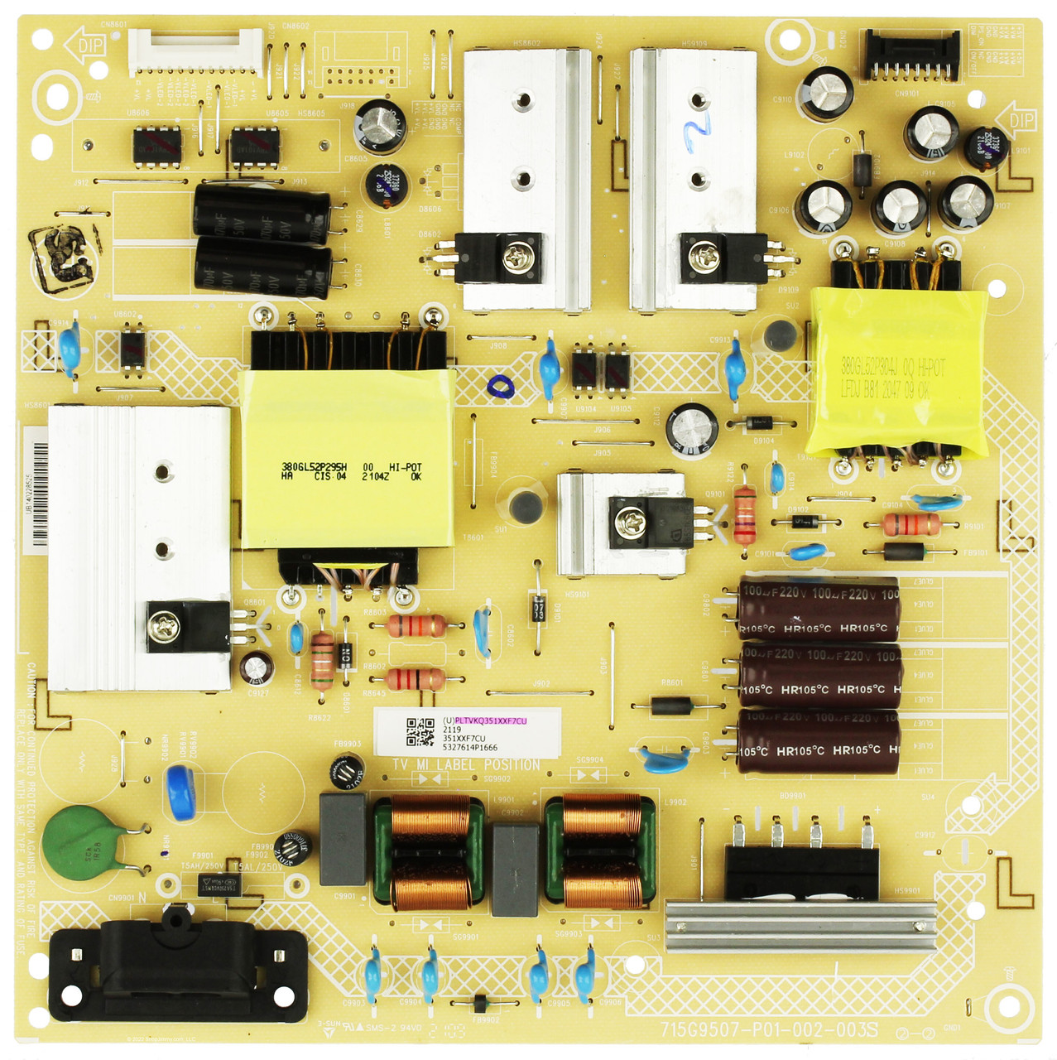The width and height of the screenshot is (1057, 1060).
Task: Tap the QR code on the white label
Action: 420,732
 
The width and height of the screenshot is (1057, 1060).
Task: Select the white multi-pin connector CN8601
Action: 195,51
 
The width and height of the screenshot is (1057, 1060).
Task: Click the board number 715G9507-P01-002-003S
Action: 769,1030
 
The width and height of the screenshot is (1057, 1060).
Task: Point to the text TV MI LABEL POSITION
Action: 466,764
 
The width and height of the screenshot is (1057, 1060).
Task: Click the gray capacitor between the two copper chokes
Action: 515,870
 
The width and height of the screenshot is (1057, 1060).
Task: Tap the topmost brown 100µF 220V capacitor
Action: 818,608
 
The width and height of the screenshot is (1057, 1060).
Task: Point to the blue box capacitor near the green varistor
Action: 180,791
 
